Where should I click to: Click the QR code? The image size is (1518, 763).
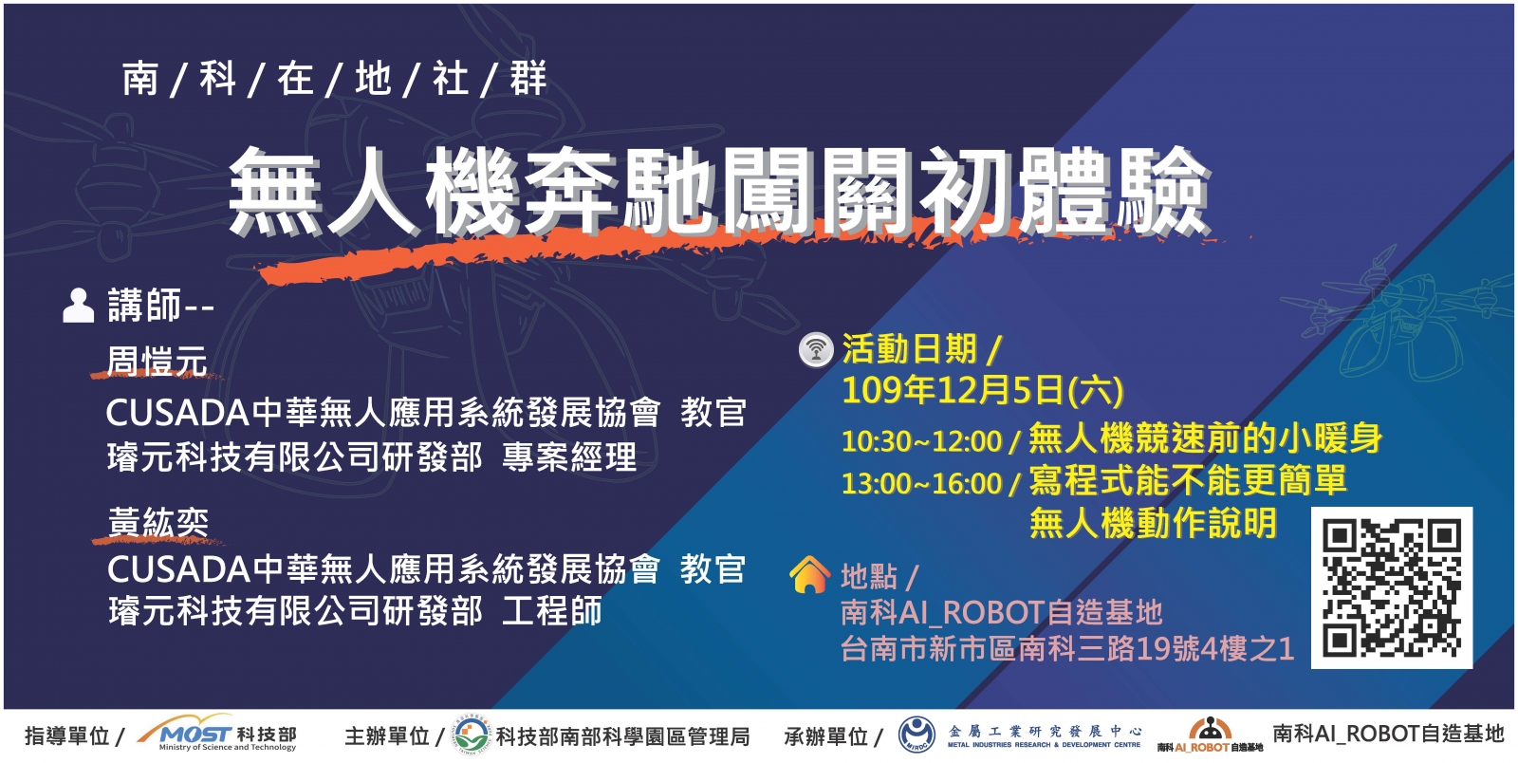coord(1391,587)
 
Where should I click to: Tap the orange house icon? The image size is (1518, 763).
coord(809,574)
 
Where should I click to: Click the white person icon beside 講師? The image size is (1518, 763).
coord(78,306)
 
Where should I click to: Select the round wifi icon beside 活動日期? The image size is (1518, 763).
coord(816,349)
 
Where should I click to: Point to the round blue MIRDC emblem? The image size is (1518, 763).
coord(916,735)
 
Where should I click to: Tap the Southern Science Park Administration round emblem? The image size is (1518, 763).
coord(472,735)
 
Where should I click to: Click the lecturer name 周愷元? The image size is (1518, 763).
coord(157,361)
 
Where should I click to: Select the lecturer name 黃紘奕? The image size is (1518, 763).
coord(157,523)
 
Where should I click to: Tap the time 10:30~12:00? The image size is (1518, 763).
coord(921,441)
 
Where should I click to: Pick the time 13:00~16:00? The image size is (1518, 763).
coord(921,483)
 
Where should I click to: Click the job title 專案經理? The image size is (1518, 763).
coord(569,457)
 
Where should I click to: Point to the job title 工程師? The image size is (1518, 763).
coord(552,610)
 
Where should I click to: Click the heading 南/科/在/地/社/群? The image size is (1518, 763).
coord(334,79)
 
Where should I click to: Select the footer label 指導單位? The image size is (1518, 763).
coord(67,735)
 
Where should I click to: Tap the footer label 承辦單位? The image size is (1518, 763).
coord(826,735)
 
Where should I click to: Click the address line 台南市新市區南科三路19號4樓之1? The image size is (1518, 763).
coord(1067,648)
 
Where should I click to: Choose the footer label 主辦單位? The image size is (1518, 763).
coord(387,735)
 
